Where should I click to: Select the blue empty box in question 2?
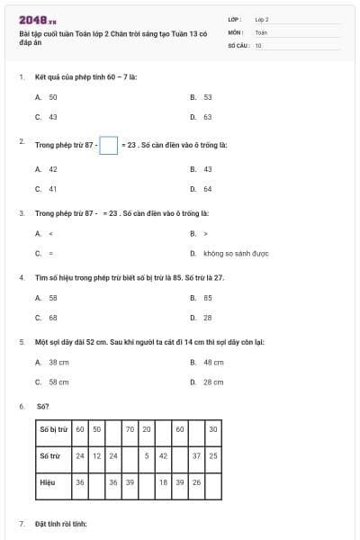pyautogui.click(x=108, y=144)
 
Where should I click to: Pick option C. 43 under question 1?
pyautogui.click(x=47, y=117)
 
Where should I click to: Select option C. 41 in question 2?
pyautogui.click(x=47, y=189)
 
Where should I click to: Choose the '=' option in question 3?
pyautogui.click(x=46, y=254)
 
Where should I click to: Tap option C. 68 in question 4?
pyautogui.click(x=47, y=318)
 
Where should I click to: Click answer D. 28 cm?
pyautogui.click(x=207, y=382)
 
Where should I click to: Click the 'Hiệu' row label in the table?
pyautogui.click(x=48, y=482)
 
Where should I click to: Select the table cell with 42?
pyautogui.click(x=163, y=455)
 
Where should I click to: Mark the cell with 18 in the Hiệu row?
pyautogui.click(x=163, y=482)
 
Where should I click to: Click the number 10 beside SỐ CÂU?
pyautogui.click(x=258, y=44)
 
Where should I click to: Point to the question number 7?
pyautogui.click(x=22, y=523)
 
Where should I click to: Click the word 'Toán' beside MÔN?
pyautogui.click(x=262, y=31)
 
